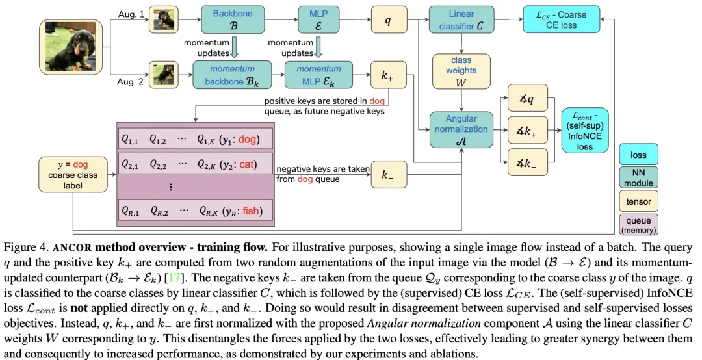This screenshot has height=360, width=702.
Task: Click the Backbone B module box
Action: pyautogui.click(x=232, y=19)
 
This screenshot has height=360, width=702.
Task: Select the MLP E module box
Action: pyautogui.click(x=318, y=19)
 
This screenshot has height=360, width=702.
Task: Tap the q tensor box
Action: pyautogui.click(x=389, y=19)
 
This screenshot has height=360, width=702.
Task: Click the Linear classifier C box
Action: pyautogui.click(x=461, y=19)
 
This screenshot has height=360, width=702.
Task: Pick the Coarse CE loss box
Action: pyautogui.click(x=562, y=19)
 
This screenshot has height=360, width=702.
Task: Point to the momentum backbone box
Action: pyautogui.click(x=232, y=75)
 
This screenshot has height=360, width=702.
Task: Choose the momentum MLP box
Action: pyautogui.click(x=318, y=75)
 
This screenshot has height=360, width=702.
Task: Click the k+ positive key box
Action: pyautogui.click(x=389, y=75)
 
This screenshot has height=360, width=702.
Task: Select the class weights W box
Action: pyautogui.click(x=461, y=71)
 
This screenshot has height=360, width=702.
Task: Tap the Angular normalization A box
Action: pyautogui.click(x=461, y=130)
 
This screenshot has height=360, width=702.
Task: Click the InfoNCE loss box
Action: pyautogui.click(x=585, y=131)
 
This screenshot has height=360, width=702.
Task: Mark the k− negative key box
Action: pyautogui.click(x=389, y=175)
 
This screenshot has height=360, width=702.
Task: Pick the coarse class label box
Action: pyautogui.click(x=73, y=175)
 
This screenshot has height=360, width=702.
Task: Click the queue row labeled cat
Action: pyautogui.click(x=196, y=164)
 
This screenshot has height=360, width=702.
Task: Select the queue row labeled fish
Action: pyautogui.click(x=196, y=211)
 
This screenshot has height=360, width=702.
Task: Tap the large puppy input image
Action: pyautogui.click(x=71, y=47)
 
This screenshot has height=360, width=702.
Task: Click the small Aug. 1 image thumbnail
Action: pyautogui.click(x=163, y=19)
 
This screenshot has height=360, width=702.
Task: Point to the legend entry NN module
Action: pyautogui.click(x=638, y=178)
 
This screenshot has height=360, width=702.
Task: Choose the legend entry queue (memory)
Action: pyautogui.click(x=638, y=225)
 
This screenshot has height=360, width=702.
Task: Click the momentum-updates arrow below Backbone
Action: pyautogui.click(x=234, y=47)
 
